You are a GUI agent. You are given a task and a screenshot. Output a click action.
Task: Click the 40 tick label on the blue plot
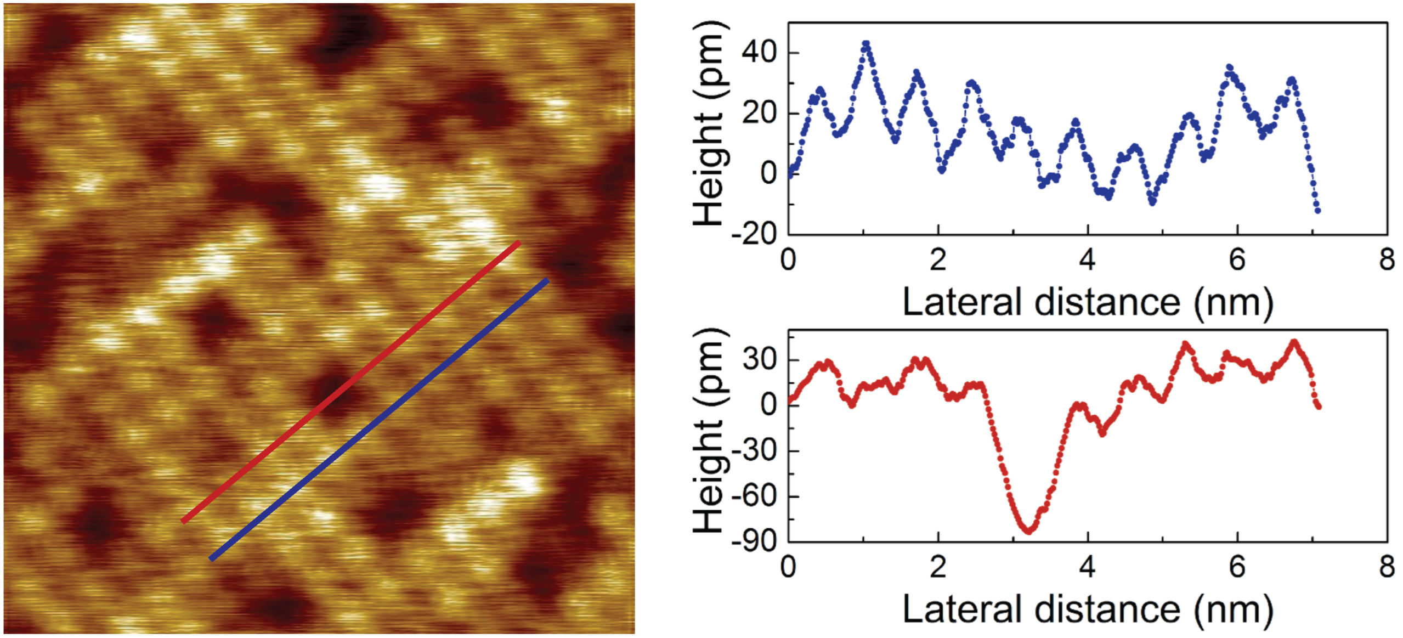tap(759, 53)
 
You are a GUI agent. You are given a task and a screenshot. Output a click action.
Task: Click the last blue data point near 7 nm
tap(1317, 210)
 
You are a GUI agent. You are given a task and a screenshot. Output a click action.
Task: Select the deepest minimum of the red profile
tap(1028, 530)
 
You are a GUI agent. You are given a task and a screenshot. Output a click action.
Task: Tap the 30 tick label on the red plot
tap(759, 360)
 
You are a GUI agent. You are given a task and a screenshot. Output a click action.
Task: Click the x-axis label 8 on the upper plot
tap(1387, 259)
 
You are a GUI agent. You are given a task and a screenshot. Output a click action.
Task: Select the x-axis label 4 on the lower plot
tap(1088, 567)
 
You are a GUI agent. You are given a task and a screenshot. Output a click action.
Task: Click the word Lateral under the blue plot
tap(963, 302)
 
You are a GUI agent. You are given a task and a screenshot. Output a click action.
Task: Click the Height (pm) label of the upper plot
tap(710, 123)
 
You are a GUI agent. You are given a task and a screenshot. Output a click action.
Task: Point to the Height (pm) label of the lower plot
tap(710, 431)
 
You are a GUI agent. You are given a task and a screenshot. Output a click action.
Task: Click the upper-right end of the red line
tap(518, 242)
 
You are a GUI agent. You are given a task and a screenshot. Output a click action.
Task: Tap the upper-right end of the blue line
tap(546, 280)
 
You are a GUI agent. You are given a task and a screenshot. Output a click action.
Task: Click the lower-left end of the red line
tap(184, 521)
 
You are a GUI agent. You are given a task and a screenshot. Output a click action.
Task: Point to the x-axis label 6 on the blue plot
tap(1237, 259)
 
